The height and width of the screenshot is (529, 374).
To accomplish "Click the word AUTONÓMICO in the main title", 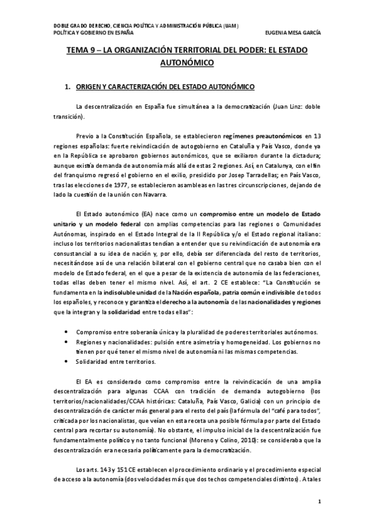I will pyautogui.click(x=187, y=63).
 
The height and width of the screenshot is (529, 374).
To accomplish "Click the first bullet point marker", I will pyautogui.click(x=66, y=332).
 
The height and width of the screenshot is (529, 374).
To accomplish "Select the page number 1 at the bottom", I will pyautogui.click(x=319, y=502).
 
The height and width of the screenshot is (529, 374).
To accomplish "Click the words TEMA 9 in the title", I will pyautogui.click(x=81, y=51).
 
